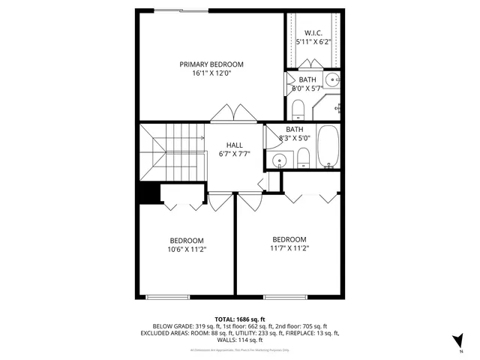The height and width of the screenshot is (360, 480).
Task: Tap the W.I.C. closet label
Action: [313, 33]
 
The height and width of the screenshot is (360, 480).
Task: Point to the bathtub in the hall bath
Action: [328, 146]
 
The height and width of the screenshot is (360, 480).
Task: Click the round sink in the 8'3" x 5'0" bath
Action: [280, 159]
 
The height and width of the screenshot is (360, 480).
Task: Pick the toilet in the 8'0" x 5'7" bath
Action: [297, 110]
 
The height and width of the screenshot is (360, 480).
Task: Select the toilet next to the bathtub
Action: [304, 157]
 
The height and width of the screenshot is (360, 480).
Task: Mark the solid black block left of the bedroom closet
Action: [150, 193]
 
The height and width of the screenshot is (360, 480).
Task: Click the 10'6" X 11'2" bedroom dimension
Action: [187, 250]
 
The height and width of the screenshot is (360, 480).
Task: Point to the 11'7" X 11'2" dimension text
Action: [289, 248]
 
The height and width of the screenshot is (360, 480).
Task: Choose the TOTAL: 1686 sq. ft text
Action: [239, 319]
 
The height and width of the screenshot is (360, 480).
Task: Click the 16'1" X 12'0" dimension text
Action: [211, 74]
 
